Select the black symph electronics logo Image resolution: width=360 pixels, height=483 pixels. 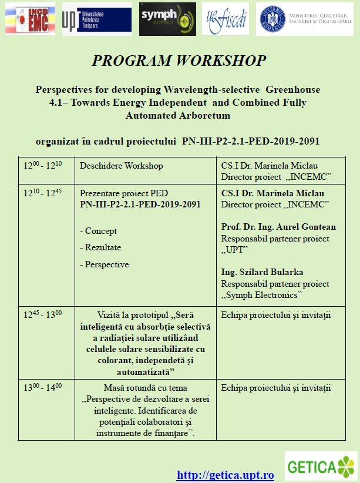(167, 19)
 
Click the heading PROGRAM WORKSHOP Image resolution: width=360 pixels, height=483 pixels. (179, 61)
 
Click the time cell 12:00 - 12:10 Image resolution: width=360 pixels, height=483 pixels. (42, 165)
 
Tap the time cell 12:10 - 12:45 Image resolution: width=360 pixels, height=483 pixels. (42, 193)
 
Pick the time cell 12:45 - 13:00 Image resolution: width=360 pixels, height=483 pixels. (42, 314)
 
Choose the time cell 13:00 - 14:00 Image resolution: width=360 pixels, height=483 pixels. (42, 387)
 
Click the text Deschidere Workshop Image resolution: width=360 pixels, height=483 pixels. (121, 166)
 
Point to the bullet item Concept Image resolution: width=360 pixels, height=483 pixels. (98, 231)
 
